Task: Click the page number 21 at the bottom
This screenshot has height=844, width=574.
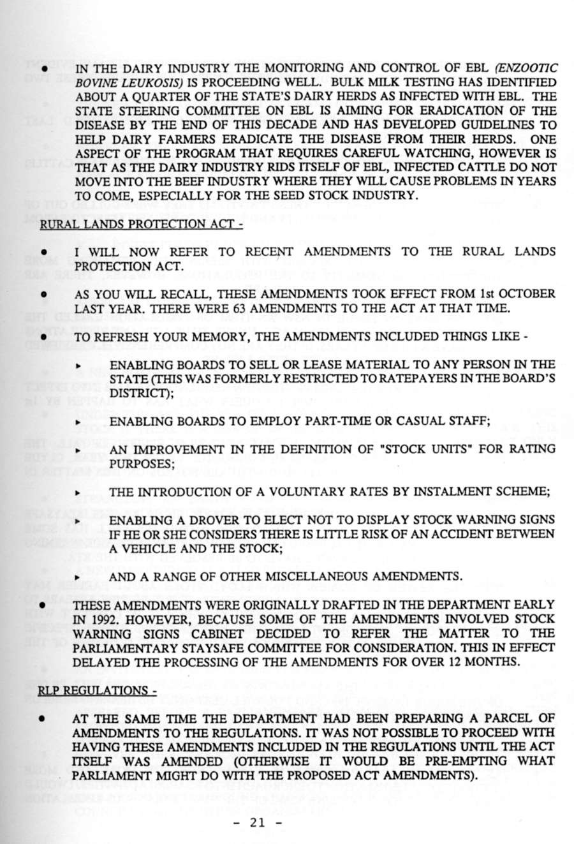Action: click(x=258, y=822)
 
